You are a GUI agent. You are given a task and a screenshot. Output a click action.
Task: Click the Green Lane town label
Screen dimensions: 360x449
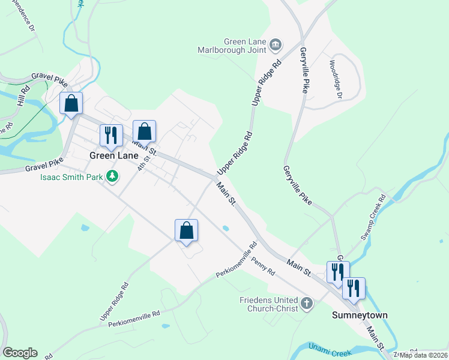click(x=114, y=155)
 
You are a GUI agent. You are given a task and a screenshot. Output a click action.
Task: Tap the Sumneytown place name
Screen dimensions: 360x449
click(x=360, y=315)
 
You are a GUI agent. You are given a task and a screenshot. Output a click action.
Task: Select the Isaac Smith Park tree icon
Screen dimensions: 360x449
click(x=112, y=176)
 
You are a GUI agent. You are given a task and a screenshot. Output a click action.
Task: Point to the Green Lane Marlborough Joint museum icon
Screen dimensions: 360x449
click(x=276, y=44)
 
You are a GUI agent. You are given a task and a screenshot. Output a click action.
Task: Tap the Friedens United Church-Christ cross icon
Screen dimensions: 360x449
click(x=307, y=304)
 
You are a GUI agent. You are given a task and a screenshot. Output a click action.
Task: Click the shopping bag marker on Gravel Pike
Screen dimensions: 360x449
click(x=71, y=103)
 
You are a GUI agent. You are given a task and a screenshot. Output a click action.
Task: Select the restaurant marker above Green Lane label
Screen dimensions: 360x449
click(x=110, y=136)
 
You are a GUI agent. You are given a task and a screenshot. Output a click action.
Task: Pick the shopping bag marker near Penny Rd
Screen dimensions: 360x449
click(x=186, y=230)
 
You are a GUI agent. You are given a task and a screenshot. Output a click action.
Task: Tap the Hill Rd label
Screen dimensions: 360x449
click(x=23, y=96)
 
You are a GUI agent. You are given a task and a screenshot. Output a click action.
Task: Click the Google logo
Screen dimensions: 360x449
click(x=20, y=353)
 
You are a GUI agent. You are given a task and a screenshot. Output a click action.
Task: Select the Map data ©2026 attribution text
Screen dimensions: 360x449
click(x=423, y=355)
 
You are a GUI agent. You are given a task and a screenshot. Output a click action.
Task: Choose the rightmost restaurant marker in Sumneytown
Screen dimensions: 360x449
click(x=354, y=288)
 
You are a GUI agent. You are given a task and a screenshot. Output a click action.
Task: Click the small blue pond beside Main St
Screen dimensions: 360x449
click(x=224, y=228)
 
